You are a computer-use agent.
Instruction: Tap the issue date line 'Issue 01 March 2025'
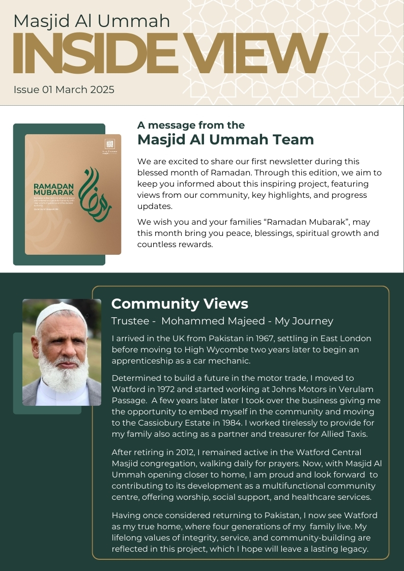[64, 90]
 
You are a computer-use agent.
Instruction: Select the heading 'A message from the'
[191, 126]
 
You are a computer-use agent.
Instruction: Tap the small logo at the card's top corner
[109, 144]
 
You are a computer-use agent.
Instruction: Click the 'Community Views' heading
[179, 304]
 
